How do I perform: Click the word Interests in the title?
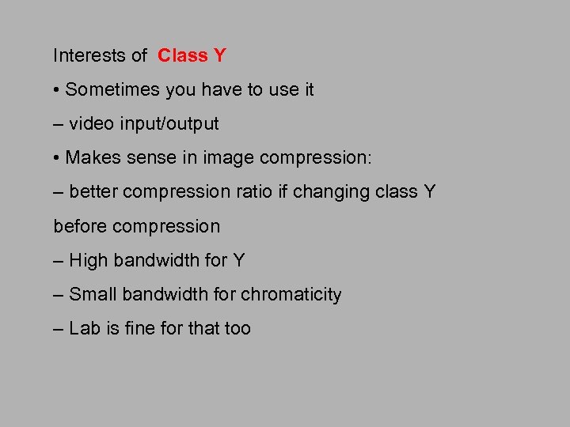(x=89, y=55)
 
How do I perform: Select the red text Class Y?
(x=192, y=55)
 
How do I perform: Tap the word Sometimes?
(x=112, y=90)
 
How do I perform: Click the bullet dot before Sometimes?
(x=57, y=90)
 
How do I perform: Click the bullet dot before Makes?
(x=57, y=158)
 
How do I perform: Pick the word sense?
(x=146, y=158)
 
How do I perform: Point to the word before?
(x=80, y=226)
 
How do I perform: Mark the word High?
(x=89, y=260)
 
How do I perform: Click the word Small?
(x=91, y=294)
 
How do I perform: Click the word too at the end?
(x=237, y=328)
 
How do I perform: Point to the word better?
(x=95, y=192)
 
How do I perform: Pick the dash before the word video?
(x=58, y=124)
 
